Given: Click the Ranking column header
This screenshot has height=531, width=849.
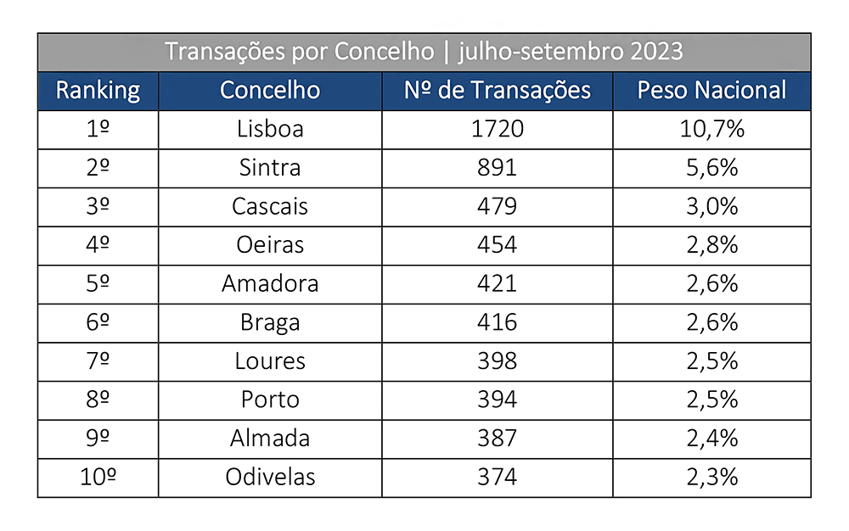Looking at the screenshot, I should coord(98,91).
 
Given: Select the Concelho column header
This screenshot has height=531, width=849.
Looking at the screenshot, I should coord(270,91).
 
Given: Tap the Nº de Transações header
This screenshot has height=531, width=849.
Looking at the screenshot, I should coord(497,91).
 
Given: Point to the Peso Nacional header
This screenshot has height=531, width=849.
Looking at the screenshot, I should coord(711,91).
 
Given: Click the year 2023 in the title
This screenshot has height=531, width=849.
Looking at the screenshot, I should coord(656,52).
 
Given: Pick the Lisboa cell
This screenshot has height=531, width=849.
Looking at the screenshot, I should coord(270,130).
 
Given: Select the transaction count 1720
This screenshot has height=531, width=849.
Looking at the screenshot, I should coord(497,130).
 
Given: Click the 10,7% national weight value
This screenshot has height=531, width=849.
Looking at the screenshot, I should coord(711,130).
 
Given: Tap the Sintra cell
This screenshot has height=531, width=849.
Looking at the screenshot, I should coord(270,168).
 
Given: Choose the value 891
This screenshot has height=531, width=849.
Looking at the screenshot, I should coord(497,168).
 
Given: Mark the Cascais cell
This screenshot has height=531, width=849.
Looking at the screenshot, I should coord(270,207).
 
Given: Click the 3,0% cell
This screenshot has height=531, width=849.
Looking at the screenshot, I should coord(711,207).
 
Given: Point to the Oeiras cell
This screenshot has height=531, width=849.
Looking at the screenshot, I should coord(270,245).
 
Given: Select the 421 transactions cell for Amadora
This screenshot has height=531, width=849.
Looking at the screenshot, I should coord(497,284).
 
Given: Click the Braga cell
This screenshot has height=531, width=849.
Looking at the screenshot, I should coord(270,322).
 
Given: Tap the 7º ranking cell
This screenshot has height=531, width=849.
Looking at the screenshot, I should coord(98,361).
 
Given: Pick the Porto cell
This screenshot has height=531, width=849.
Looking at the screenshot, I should coord(270,400).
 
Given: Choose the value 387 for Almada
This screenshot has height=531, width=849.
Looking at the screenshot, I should coord(497,439).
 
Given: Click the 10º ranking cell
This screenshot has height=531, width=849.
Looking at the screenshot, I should coord(98,478).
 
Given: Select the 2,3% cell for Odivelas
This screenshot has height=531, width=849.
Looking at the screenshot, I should coord(711,478).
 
